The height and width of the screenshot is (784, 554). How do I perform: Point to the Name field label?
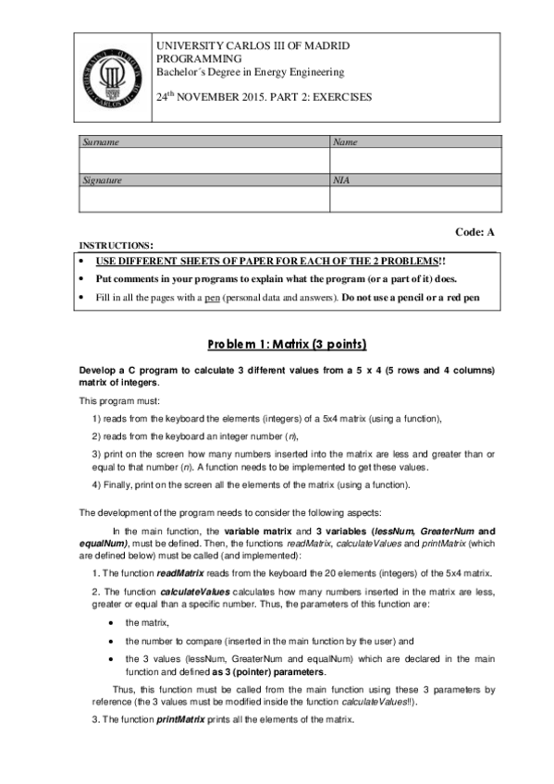point(344,142)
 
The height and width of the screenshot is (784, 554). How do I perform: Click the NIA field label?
point(340,181)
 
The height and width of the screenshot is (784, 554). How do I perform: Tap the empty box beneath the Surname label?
point(203,161)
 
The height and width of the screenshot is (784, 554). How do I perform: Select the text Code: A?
point(476,232)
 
